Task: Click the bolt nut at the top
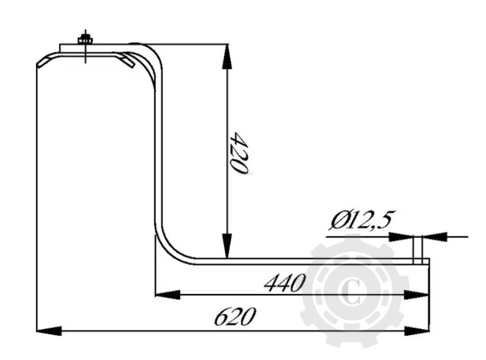[x=85, y=40]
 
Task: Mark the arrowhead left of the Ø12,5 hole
[x=403, y=236]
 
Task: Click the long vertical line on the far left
[x=37, y=192]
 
